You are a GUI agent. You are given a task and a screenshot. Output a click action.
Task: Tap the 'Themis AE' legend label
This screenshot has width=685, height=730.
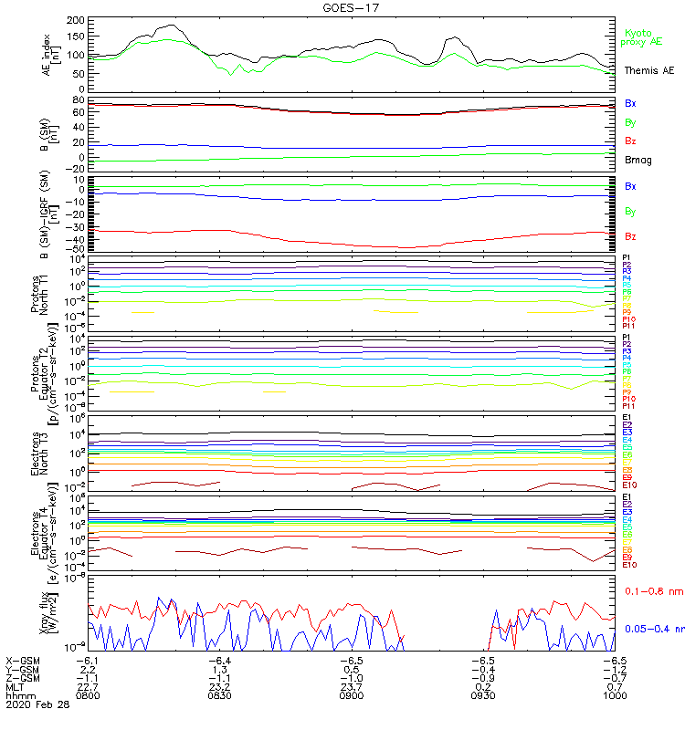[x=649, y=70]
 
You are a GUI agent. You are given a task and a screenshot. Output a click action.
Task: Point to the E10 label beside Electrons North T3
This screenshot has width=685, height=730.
[x=629, y=485]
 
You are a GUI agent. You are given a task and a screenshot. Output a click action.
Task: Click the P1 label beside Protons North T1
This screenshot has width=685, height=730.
[x=627, y=258]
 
